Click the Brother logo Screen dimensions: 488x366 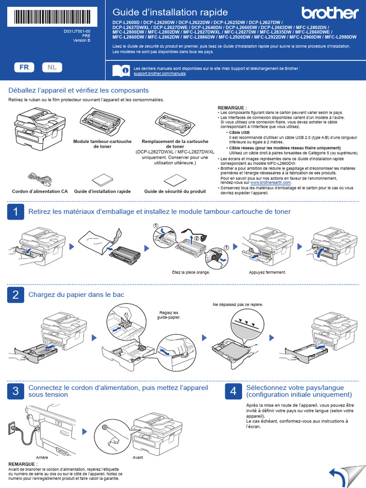329,13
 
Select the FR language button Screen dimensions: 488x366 24,68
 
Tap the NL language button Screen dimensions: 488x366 51,68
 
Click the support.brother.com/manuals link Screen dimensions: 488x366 160,74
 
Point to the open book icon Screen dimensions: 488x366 121,71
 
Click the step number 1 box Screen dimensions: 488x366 15,212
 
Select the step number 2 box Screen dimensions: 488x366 15,295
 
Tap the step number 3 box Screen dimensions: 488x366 15,392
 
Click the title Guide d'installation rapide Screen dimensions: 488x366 170,12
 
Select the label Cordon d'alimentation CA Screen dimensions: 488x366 40,191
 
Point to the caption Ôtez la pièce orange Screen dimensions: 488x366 191,272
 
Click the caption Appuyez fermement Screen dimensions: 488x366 267,272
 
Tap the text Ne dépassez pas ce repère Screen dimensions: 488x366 238,304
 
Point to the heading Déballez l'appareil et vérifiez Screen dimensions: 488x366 79,90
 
